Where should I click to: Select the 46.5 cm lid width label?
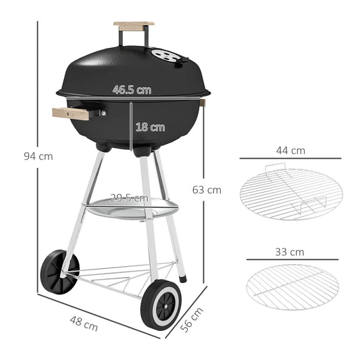(x=132, y=89)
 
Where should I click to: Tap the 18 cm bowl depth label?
(x=150, y=126)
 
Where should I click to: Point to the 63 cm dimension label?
(x=207, y=190)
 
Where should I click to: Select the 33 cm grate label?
(x=290, y=252)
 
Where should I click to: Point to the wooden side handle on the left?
(x=71, y=113)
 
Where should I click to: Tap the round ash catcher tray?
(x=132, y=209)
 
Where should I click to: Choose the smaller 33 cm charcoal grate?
(x=292, y=284)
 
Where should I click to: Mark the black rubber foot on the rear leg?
(x=183, y=277)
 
